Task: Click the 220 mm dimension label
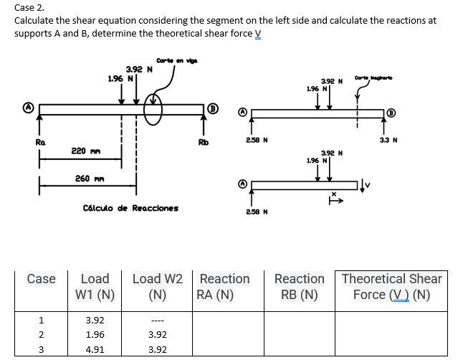(x=80, y=151)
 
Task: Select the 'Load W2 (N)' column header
(x=158, y=286)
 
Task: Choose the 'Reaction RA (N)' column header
(x=224, y=286)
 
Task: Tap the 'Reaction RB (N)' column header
(x=299, y=286)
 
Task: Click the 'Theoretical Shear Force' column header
(x=391, y=286)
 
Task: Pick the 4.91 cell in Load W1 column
(x=95, y=350)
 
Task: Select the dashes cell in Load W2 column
(x=158, y=320)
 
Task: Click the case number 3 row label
(x=42, y=350)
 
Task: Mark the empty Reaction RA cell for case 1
(x=224, y=320)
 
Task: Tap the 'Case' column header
(x=42, y=278)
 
